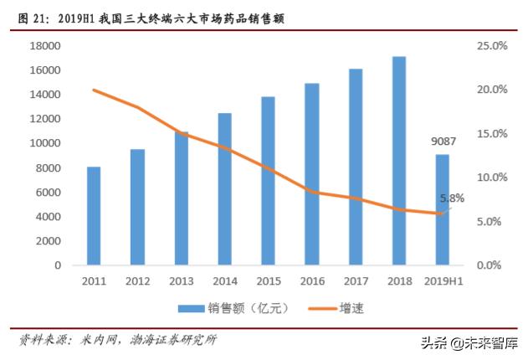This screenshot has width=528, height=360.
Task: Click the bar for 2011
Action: pyautogui.click(x=94, y=216)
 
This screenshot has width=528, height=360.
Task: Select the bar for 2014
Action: pyautogui.click(x=225, y=189)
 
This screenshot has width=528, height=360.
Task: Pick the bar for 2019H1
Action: pyautogui.click(x=443, y=209)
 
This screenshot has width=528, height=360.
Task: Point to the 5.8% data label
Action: pyautogui.click(x=452, y=198)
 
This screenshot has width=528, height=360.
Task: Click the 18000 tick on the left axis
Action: pyautogui.click(x=46, y=46)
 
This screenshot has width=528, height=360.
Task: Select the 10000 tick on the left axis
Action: pyautogui.click(x=46, y=143)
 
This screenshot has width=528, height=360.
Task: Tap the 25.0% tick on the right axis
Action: pyautogui.click(x=491, y=46)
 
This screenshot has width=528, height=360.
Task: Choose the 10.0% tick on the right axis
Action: pyautogui.click(x=491, y=177)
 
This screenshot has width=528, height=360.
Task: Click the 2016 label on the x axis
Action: pyautogui.click(x=312, y=281)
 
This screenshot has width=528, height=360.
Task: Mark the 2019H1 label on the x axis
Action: pyautogui.click(x=443, y=281)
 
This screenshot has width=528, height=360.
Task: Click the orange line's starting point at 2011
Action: pyautogui.click(x=94, y=90)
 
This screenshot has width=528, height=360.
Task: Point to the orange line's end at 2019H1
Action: pyautogui.click(x=443, y=213)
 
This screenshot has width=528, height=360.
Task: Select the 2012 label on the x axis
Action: pyautogui.click(x=137, y=281)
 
